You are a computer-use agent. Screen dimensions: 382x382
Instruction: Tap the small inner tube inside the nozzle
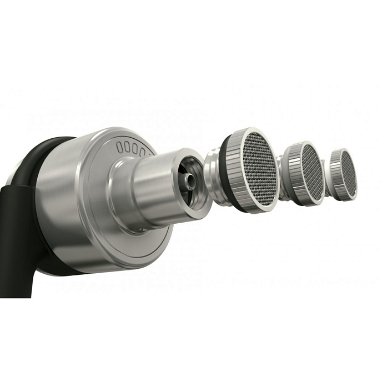click(191, 180)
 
